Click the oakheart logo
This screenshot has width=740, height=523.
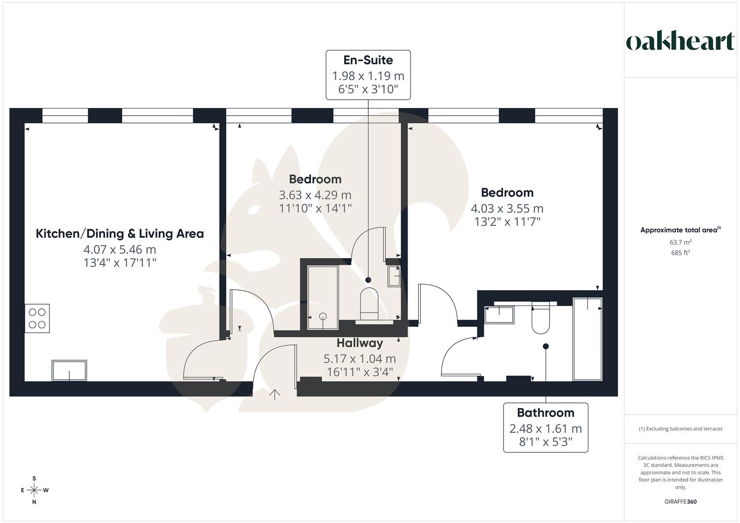pos(680,42)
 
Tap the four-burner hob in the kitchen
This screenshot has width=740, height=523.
pos(37,318)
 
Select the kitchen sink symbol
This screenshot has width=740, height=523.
pos(69,370)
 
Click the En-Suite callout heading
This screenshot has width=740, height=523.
pos(368,60)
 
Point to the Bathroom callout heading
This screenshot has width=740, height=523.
pos(545,413)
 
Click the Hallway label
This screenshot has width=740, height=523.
pos(360,343)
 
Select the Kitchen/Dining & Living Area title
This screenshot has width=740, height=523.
pos(120,233)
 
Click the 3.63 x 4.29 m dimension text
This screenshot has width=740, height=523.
pos(315,195)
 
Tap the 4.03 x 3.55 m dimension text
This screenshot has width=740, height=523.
pos(507,209)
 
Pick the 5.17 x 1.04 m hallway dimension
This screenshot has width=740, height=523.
pos(360,359)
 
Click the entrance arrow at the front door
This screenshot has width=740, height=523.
pos(274,395)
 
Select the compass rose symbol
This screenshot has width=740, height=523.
pos(34,490)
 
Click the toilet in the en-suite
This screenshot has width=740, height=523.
pos(369,303)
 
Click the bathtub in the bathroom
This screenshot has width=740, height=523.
pos(587,339)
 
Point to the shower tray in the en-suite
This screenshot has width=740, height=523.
pos(323,297)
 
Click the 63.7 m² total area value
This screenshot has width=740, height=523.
pos(680,242)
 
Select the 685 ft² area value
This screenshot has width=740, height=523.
pos(680,253)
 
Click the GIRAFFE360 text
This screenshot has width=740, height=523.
pos(680,502)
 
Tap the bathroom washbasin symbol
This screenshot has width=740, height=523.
pos(499,315)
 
